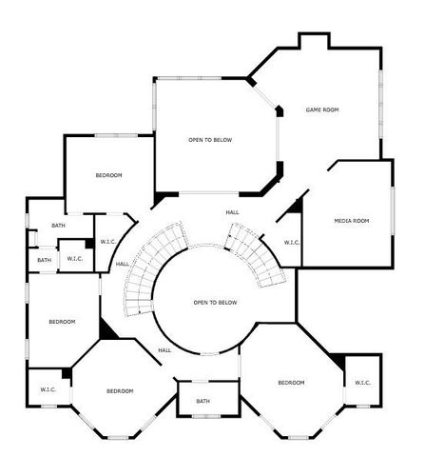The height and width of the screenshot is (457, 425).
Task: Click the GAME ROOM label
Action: click(322, 110)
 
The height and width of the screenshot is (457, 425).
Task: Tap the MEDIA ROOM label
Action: click(351, 221)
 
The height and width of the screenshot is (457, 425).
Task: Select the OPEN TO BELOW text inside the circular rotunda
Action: click(215, 303)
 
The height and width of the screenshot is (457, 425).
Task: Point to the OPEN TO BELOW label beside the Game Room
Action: click(210, 140)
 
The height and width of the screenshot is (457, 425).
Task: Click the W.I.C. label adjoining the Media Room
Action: click(292, 242)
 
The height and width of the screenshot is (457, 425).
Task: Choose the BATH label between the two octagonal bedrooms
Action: click(203, 401)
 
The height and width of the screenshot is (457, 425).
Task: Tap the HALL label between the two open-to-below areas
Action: click(232, 211)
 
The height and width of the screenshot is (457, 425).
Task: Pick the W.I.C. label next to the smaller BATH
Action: click(75, 258)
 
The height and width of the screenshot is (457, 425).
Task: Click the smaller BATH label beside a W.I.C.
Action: click(45, 260)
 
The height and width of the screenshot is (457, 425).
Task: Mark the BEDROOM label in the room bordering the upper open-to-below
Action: click(108, 175)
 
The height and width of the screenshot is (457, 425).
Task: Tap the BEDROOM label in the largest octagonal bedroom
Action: click(291, 383)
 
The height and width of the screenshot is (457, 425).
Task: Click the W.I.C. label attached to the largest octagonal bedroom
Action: click(362, 383)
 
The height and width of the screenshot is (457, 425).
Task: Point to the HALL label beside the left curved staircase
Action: click(123, 264)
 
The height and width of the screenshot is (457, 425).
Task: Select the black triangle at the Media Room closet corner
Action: click(296, 206)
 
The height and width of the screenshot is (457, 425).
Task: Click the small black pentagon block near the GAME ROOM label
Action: click(280, 111)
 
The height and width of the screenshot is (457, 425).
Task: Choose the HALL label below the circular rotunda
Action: click(164, 350)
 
